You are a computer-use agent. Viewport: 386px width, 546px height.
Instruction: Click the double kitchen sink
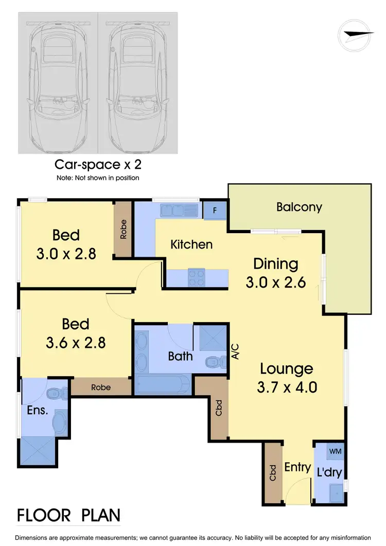(179, 210)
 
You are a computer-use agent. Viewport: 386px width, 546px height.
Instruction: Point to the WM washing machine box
(335, 451)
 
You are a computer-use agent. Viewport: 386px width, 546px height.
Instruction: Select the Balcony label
(299, 207)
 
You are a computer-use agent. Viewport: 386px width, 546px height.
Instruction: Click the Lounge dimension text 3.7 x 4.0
(286, 386)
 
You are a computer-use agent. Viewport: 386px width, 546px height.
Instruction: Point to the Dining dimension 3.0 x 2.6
(276, 282)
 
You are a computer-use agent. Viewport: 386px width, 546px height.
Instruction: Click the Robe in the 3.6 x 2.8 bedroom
(101, 388)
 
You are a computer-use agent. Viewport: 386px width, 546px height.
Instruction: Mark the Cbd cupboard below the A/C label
(218, 408)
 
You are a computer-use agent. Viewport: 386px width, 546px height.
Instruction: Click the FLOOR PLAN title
(69, 515)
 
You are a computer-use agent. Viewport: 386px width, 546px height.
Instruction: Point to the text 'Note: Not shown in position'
(98, 178)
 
